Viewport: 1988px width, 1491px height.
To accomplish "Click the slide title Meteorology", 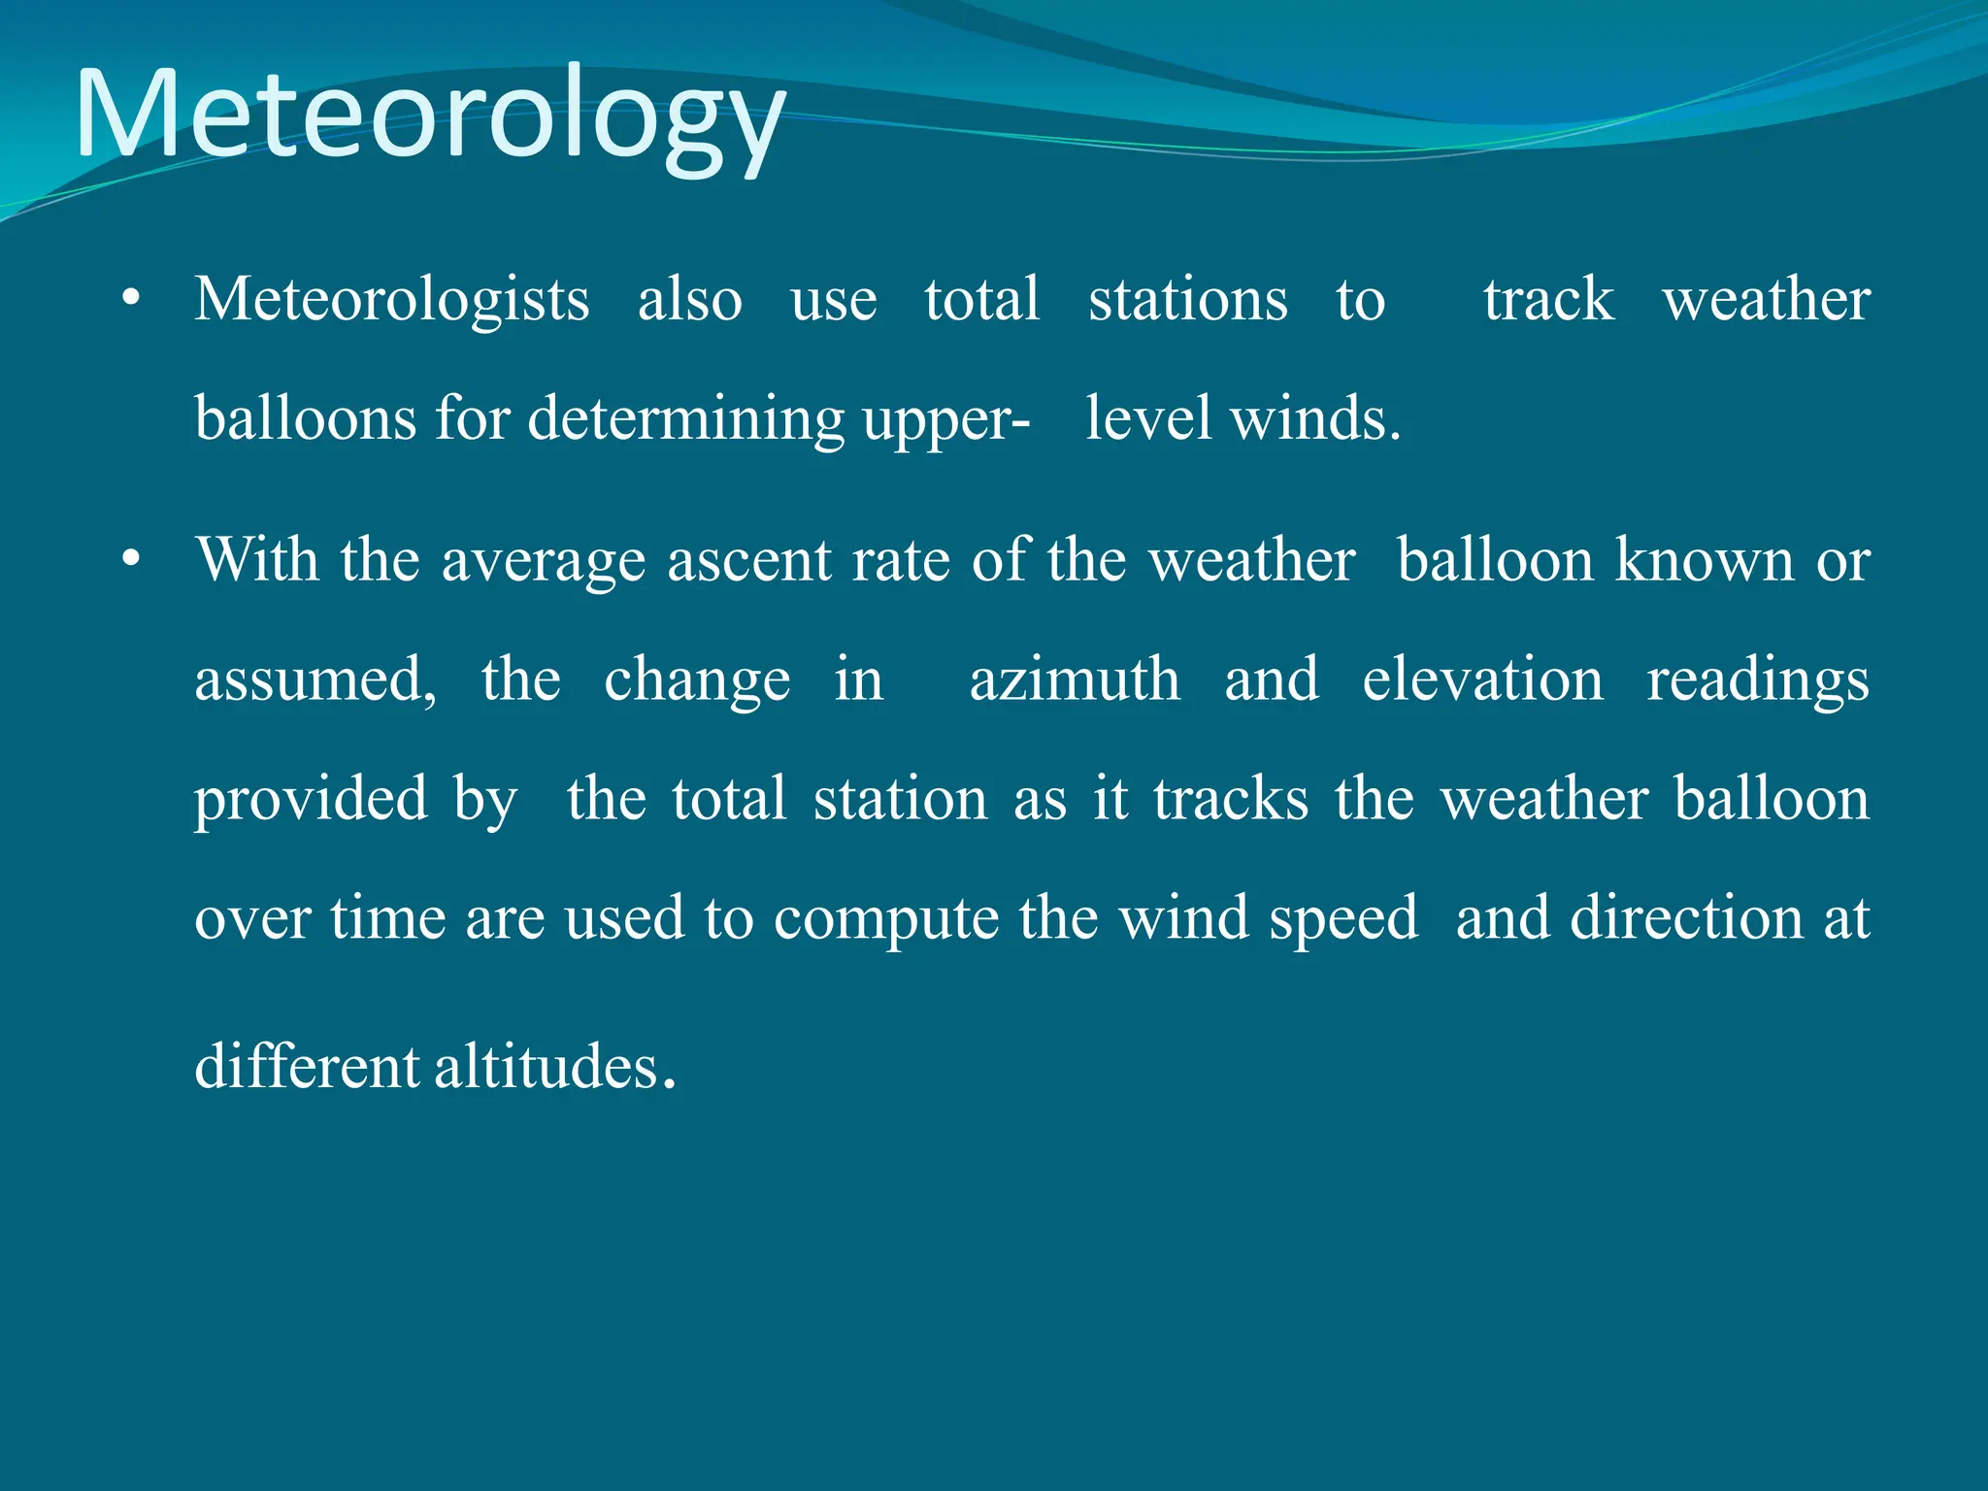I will point(429,115).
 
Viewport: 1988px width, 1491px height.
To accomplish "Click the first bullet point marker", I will point(132,300).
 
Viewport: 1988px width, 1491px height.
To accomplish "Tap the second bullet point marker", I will point(132,561).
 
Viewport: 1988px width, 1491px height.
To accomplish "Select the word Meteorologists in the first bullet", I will point(391,299).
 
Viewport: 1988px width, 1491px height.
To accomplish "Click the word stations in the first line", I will point(1187,299).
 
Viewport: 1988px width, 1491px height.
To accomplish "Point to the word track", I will point(1548,299).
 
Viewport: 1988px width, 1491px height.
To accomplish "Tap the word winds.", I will point(1315,418).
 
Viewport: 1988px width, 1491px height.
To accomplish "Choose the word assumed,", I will point(316,679).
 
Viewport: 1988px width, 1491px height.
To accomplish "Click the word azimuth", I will point(1075,679).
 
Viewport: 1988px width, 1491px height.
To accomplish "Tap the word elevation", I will point(1482,679).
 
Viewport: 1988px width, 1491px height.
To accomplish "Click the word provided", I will point(311,799).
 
